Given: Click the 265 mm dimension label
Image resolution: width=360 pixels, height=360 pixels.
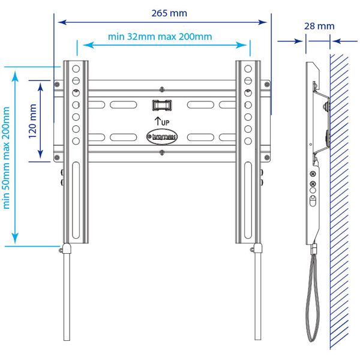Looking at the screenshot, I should pos(169,13).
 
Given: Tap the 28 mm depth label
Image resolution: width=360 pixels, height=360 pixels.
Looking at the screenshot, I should pos(319,26).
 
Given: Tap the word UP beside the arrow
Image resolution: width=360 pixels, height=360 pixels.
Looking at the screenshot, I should pos(165,122).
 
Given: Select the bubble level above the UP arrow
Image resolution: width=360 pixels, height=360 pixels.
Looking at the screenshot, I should pos(161,105).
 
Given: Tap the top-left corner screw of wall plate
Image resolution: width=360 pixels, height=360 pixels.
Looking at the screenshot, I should pos(57,84).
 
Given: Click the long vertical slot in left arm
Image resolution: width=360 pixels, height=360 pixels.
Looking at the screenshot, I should pos(76,204).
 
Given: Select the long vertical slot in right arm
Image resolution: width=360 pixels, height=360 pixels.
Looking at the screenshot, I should pos(247,204).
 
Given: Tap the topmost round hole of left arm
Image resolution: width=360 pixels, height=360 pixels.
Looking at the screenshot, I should pos(76,67).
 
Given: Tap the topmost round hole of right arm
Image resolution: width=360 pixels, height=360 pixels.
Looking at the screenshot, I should pos(247,67).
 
